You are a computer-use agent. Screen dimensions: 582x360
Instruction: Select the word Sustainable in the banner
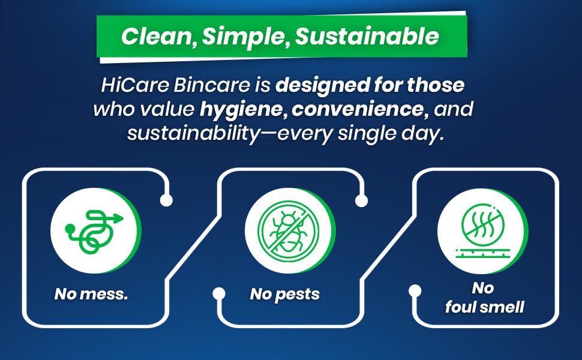[367, 37]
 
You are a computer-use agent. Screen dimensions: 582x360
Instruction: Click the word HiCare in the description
[135, 85]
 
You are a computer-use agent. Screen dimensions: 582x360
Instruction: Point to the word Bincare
[212, 85]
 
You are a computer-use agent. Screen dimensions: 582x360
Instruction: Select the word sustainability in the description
[194, 134]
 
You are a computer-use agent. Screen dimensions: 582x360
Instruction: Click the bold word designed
[323, 85]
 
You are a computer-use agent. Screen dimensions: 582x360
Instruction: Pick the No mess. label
[91, 294]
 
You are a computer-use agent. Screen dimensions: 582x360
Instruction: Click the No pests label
[284, 295]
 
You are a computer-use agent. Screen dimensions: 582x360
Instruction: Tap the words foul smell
[485, 307]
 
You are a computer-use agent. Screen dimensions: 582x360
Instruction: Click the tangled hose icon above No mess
[94, 231]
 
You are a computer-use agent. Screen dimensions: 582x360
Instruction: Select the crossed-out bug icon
[289, 231]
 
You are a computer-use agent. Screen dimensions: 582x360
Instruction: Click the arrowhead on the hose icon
[119, 218]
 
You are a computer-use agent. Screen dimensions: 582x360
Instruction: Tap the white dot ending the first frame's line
[166, 200]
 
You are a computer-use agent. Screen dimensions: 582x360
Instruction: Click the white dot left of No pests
[219, 293]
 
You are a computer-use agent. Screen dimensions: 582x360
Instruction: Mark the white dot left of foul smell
[415, 290]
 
